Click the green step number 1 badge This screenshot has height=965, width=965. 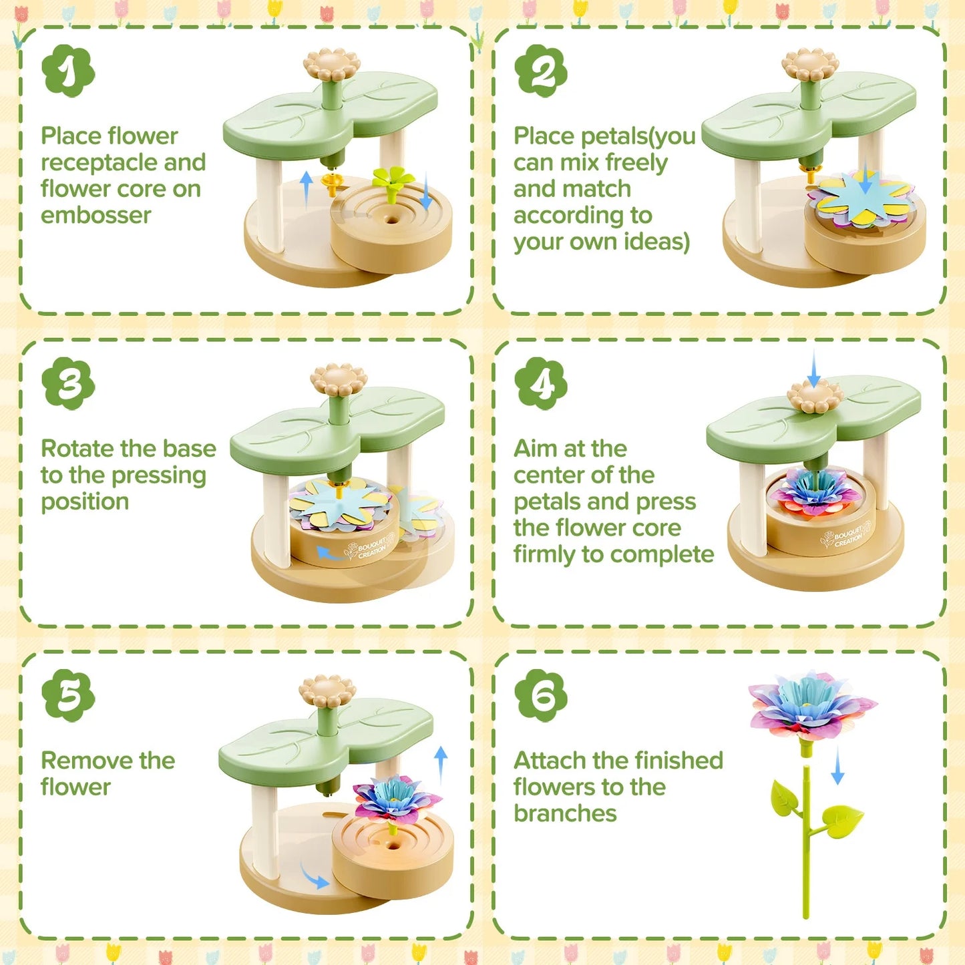(x=68, y=71)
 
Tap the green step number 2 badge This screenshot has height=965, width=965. (x=541, y=71)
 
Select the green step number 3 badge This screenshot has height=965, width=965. (x=68, y=383)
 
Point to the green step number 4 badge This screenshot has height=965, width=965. (x=541, y=383)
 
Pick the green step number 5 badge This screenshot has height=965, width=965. (x=68, y=696)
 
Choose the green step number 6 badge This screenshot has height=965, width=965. (x=541, y=696)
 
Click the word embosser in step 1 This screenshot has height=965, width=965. (x=95, y=216)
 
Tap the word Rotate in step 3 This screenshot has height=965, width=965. (x=75, y=449)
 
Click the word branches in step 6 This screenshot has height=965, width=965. (x=565, y=814)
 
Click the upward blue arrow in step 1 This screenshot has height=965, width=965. (x=307, y=190)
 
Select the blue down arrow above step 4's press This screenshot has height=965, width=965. (x=814, y=369)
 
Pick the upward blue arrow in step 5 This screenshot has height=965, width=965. (x=441, y=766)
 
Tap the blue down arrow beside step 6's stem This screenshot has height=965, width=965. (x=838, y=766)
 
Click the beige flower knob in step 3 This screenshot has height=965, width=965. (x=339, y=379)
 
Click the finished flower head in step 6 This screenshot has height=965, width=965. (x=811, y=707)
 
